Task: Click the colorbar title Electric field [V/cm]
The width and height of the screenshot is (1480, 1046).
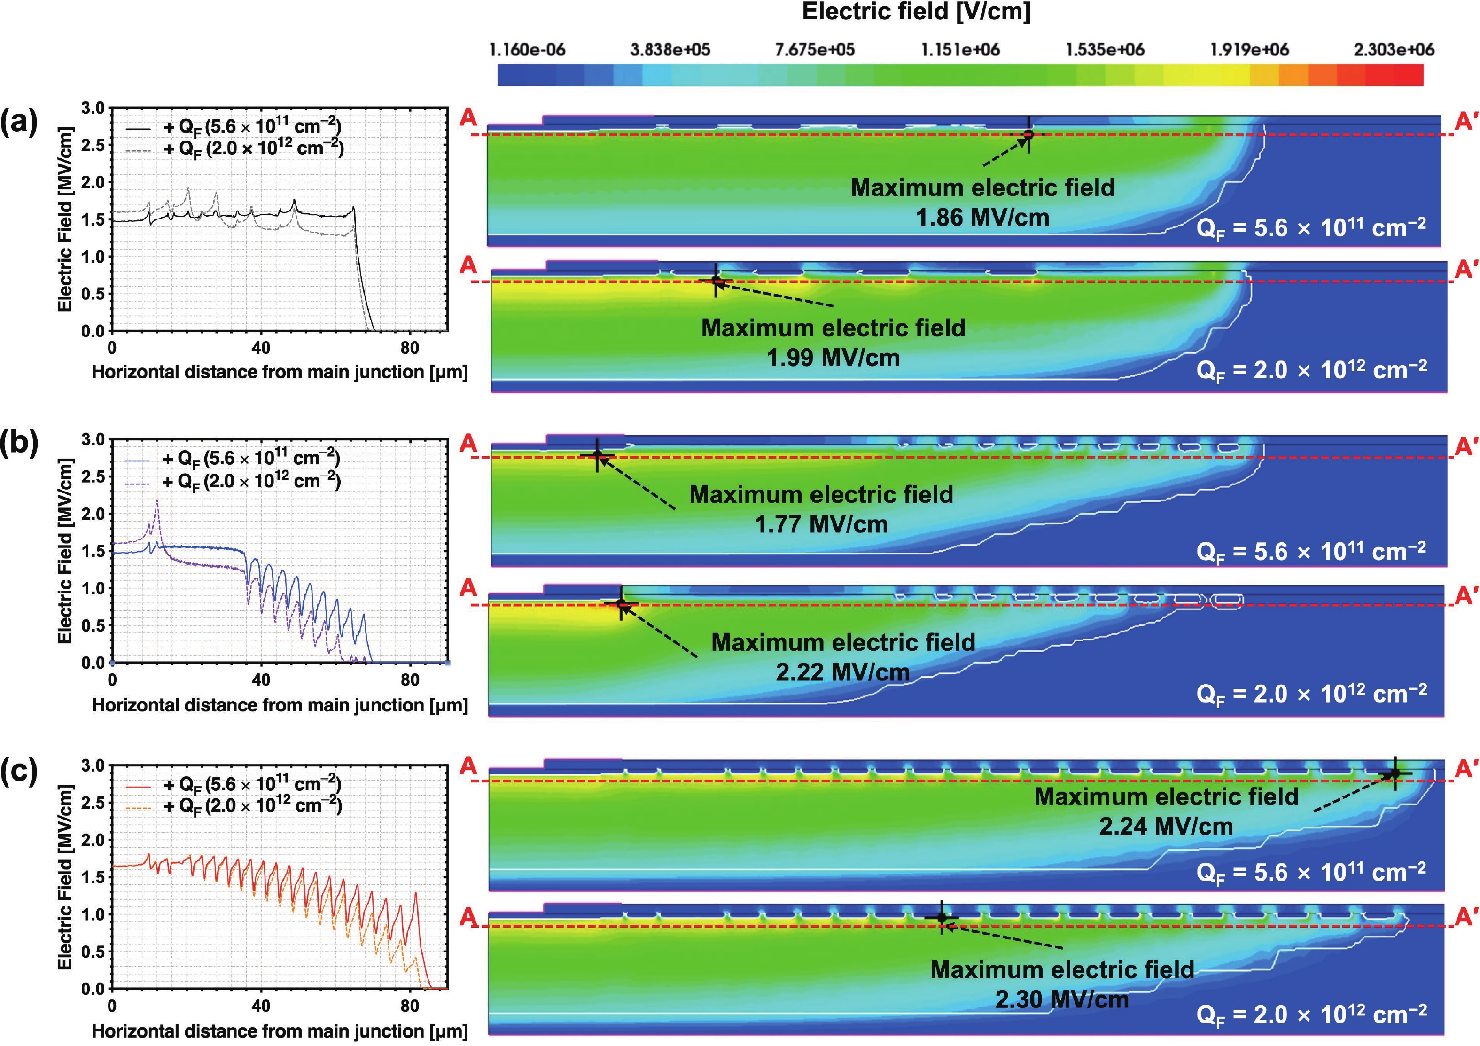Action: tap(915, 12)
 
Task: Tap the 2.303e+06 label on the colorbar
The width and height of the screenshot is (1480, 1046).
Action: tap(1394, 50)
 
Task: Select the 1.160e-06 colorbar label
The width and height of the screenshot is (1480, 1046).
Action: tap(527, 50)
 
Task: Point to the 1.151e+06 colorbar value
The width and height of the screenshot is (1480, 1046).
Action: tap(960, 50)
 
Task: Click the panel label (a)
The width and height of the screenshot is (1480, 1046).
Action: tap(19, 121)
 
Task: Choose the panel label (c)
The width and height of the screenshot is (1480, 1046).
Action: tap(19, 771)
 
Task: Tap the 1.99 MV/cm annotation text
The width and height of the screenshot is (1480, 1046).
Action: tap(833, 358)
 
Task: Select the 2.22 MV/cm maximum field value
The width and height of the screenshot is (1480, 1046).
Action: tap(842, 672)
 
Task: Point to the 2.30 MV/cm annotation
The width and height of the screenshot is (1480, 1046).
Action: tap(1062, 999)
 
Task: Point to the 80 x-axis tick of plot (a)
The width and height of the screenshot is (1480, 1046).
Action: tap(409, 349)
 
